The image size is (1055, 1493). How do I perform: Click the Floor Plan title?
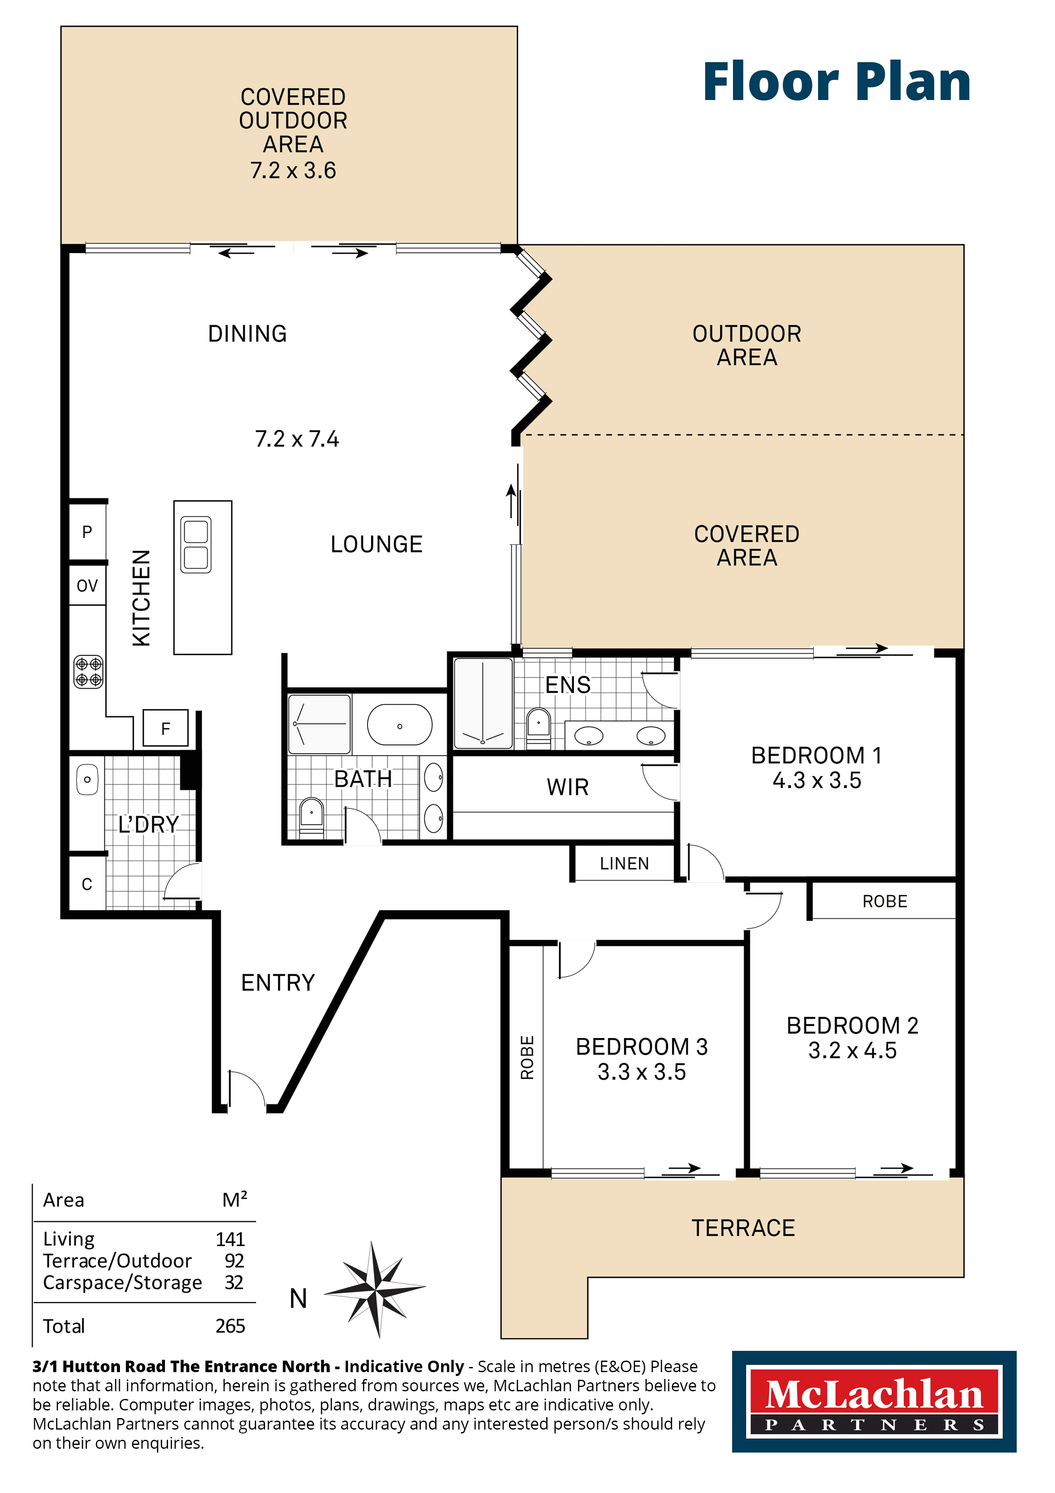[837, 83]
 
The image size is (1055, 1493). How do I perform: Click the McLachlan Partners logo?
[874, 1402]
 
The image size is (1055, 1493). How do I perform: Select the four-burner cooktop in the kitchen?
[88, 672]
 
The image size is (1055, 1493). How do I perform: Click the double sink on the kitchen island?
[196, 545]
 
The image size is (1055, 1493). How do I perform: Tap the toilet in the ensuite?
[538, 726]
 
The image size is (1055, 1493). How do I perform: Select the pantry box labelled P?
[87, 532]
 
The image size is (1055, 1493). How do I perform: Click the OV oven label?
[87, 586]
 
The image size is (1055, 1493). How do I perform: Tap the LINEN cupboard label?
[624, 864]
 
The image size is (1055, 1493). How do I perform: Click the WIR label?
[567, 787]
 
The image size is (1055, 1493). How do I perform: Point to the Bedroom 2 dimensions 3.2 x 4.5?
[852, 1050]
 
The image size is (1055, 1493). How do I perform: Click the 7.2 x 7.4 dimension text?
[297, 439]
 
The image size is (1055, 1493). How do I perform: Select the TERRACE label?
[743, 1228]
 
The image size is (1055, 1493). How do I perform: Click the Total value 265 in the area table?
[230, 1326]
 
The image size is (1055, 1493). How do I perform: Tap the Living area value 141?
[230, 1239]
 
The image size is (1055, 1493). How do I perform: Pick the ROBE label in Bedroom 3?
[527, 1057]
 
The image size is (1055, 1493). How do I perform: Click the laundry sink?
[87, 779]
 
